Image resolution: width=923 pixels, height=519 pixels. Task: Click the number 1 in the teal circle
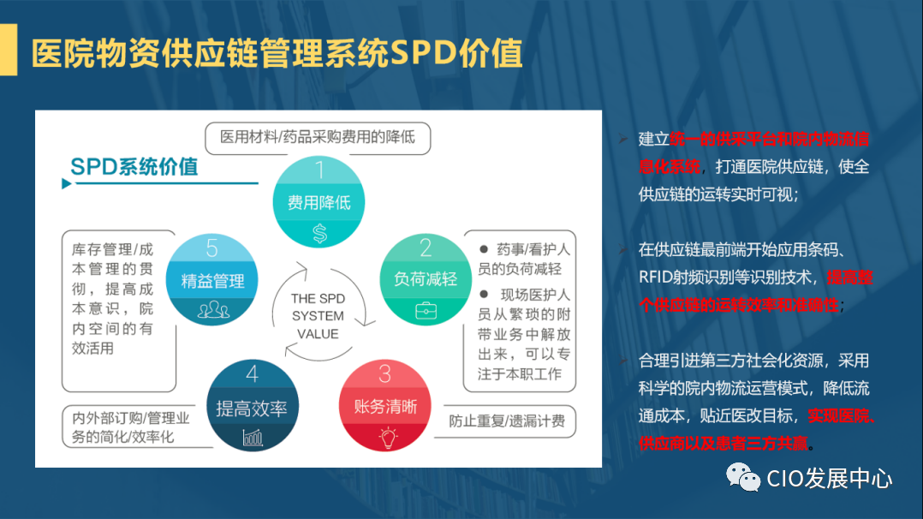pyautogui.click(x=319, y=170)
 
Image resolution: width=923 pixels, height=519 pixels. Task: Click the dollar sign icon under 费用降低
pyautogui.click(x=319, y=232)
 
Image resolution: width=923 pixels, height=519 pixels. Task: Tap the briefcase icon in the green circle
pyautogui.click(x=426, y=311)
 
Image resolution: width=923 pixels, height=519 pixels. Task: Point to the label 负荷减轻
pyautogui.click(x=426, y=279)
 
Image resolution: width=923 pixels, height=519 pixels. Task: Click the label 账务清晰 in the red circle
pyautogui.click(x=385, y=407)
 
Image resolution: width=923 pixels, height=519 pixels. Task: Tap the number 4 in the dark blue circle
pyautogui.click(x=252, y=375)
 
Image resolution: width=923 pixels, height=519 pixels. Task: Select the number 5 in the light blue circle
pyautogui.click(x=212, y=248)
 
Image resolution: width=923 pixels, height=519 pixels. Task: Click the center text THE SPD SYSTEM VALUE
pyautogui.click(x=317, y=316)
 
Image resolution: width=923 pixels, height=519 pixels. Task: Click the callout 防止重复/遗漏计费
pyautogui.click(x=505, y=421)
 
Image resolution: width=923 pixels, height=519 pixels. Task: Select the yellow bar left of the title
pyautogui.click(x=8, y=51)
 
